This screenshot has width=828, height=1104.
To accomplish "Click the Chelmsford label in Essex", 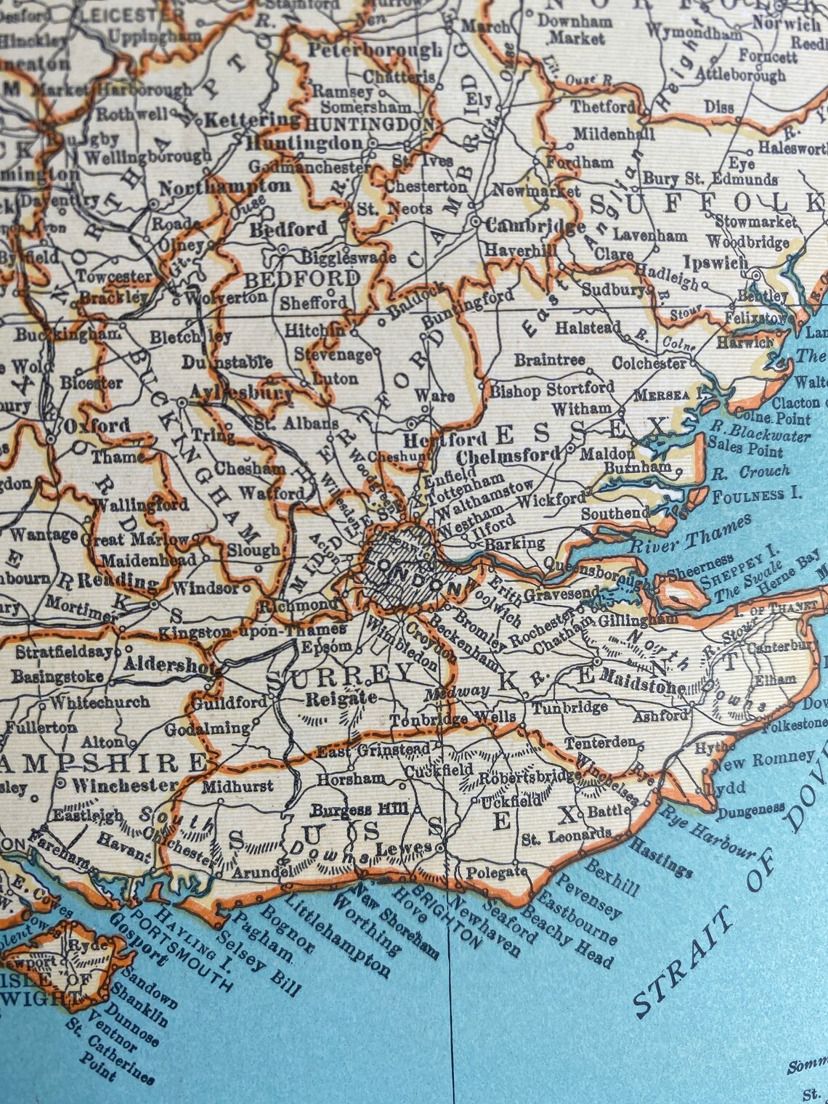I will pyautogui.click(x=508, y=456).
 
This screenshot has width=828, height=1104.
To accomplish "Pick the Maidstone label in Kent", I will pyautogui.click(x=644, y=685).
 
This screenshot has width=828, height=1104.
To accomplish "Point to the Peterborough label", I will pyautogui.click(x=374, y=51).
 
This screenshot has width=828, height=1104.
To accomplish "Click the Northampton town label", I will pyautogui.click(x=224, y=187).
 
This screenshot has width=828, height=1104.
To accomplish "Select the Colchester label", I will pyautogui.click(x=649, y=362).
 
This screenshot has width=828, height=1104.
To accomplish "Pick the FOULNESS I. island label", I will pyautogui.click(x=756, y=496).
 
